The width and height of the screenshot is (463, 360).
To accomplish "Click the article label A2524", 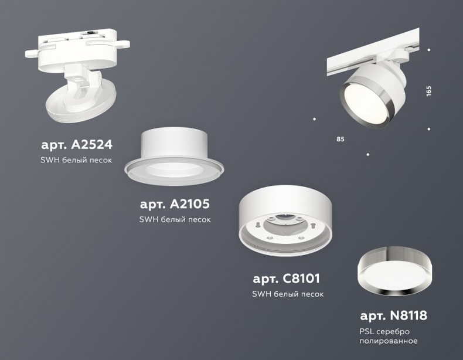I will pos(77,144).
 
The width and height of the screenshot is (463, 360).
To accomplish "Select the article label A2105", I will pos(175,204).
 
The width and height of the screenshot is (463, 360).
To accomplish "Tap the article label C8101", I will pos(286,279).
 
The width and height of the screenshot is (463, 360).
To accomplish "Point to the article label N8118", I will pos(393,316).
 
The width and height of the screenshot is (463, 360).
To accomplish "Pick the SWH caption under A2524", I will pos(77,159).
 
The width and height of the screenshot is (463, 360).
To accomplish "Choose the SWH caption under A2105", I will pos(175,219).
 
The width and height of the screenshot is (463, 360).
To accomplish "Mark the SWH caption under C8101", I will pos(287,294).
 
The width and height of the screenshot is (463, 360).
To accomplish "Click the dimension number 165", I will pos(429,91).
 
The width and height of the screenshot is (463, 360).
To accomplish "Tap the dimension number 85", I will pos(340,140).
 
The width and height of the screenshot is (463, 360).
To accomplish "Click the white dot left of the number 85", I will pos(315,120).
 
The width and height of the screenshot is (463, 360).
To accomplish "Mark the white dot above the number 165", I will pos(429,50).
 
